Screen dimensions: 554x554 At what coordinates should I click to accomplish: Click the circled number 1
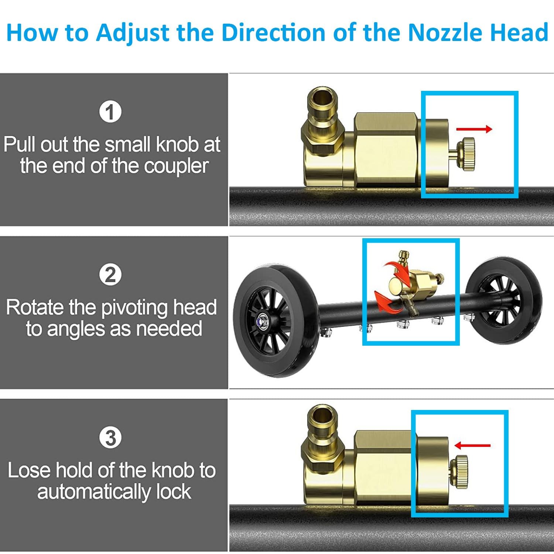[110, 112]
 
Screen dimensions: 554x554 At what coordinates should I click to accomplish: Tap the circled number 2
[110, 275]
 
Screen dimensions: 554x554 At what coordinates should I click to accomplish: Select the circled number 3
[110, 438]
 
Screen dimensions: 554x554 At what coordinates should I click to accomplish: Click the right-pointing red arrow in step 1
[474, 129]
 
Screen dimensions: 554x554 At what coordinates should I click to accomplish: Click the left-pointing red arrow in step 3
[472, 445]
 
